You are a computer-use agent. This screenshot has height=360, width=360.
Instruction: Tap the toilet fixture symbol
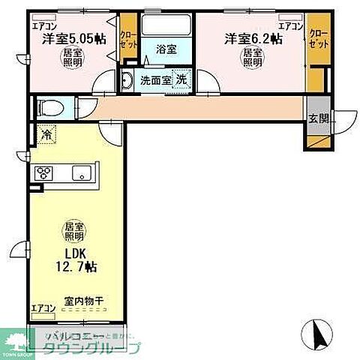(47, 106)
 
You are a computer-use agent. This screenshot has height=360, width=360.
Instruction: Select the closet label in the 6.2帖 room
(318, 40)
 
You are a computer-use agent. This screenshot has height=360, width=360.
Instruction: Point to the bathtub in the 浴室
(166, 25)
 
